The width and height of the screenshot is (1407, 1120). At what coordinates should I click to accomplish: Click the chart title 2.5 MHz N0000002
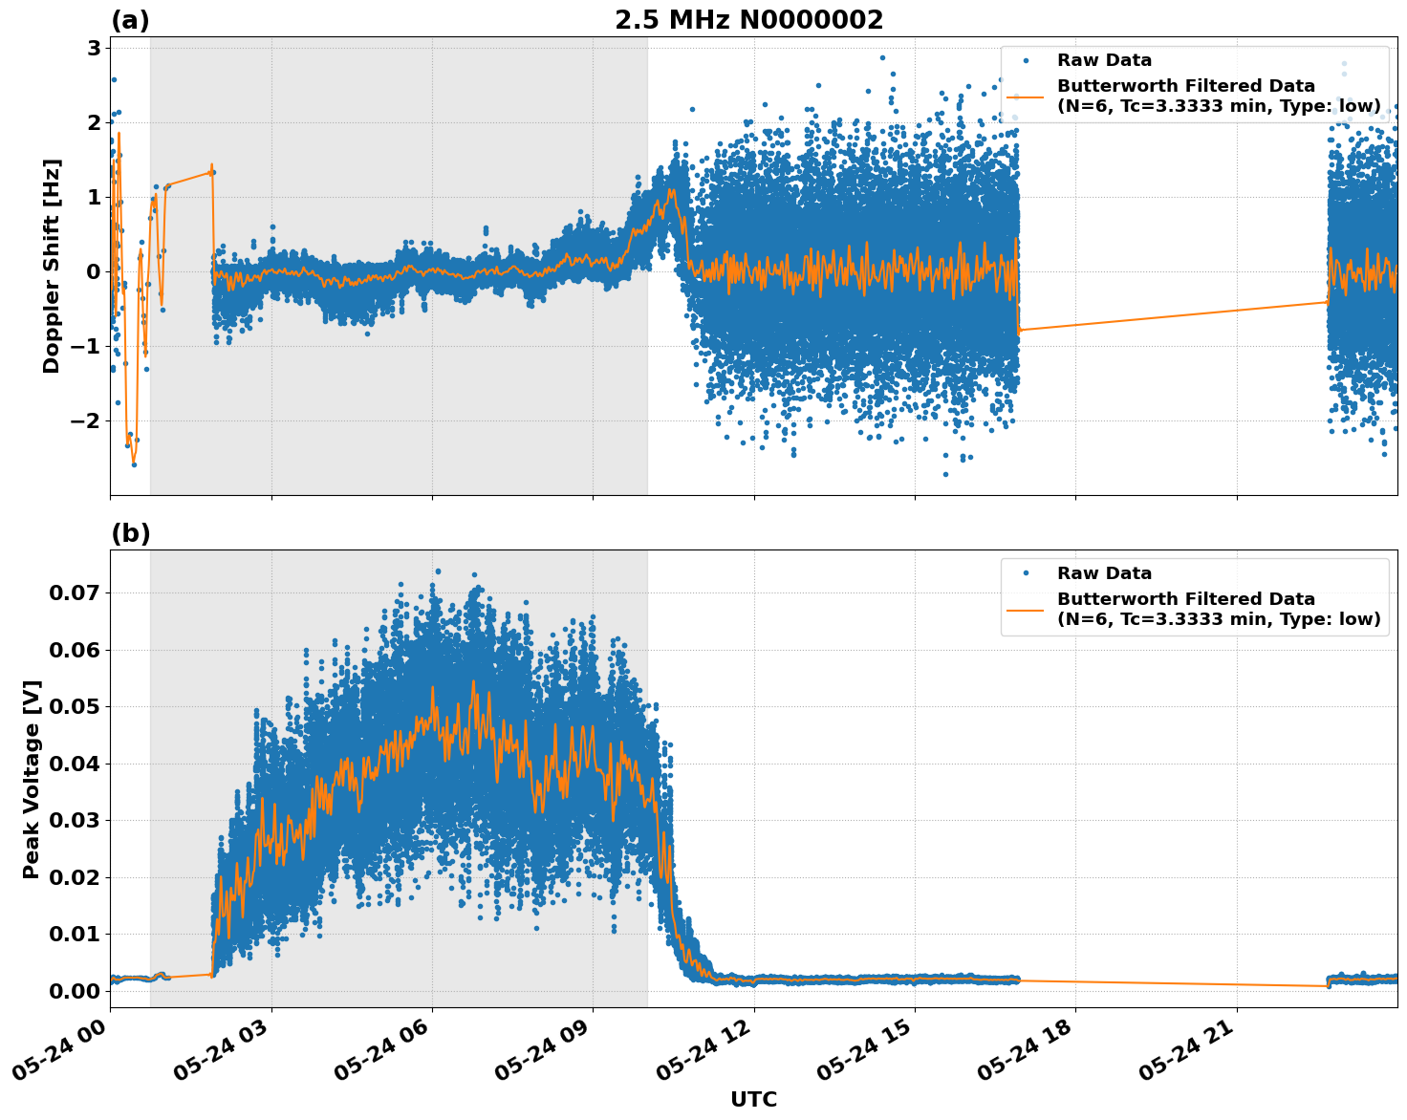click(x=748, y=20)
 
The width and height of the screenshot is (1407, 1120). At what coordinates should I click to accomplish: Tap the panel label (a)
click(x=130, y=20)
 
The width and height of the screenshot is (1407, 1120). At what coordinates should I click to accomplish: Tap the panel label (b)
click(x=130, y=533)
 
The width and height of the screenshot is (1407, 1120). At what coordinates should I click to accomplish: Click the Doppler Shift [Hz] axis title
click(x=52, y=266)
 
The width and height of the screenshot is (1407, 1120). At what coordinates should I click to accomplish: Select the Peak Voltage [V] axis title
click(x=32, y=779)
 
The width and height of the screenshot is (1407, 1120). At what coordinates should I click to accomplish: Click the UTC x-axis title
click(x=753, y=1099)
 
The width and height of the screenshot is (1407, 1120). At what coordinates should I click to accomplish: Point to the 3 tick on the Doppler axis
click(x=94, y=48)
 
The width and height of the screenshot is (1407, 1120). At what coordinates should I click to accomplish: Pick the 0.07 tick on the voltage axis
click(x=75, y=592)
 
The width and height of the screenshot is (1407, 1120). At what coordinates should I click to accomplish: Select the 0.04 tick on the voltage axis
click(x=75, y=764)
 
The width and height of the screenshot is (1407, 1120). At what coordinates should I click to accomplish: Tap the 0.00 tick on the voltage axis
click(x=75, y=991)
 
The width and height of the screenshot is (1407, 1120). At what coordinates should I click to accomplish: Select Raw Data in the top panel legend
click(x=1104, y=60)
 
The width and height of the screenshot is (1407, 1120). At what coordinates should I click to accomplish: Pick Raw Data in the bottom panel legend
click(x=1104, y=573)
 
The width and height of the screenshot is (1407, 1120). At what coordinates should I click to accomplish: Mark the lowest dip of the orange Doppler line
click(x=134, y=463)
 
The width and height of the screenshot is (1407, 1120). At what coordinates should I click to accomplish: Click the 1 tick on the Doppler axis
click(x=94, y=197)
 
